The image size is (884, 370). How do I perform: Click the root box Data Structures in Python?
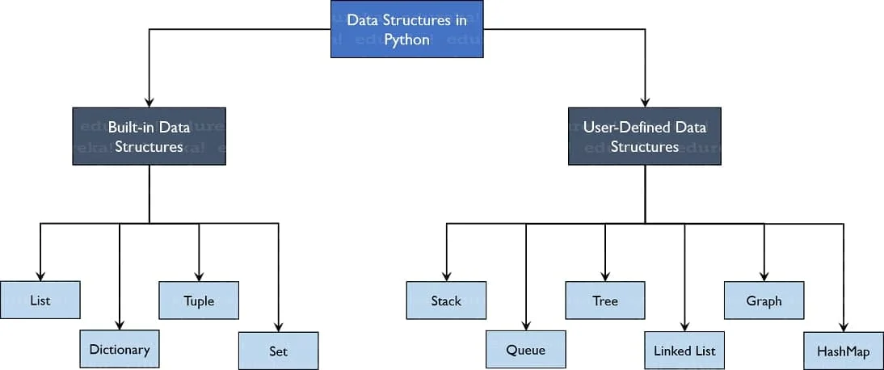(x=406, y=29)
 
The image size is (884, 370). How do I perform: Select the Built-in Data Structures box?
(x=149, y=136)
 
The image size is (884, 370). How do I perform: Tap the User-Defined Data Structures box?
(x=644, y=136)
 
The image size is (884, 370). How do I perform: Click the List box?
(x=40, y=300)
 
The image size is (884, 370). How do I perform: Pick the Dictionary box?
(x=120, y=349)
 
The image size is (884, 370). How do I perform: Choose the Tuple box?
(x=199, y=300)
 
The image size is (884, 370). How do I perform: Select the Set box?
(x=279, y=351)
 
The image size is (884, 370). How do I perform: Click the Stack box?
(x=446, y=300)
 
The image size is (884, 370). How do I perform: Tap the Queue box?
(x=526, y=350)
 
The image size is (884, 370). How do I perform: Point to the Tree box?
(x=605, y=300)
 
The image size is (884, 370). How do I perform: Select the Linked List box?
(x=685, y=351)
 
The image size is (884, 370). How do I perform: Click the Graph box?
(x=764, y=300)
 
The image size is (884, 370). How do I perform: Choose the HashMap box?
(x=844, y=351)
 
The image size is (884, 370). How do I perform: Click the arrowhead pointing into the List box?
(x=40, y=275)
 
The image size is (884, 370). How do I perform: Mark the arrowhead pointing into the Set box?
(x=279, y=326)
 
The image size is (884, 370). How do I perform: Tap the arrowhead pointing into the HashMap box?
(x=844, y=326)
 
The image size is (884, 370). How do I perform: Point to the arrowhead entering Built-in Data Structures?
(x=149, y=103)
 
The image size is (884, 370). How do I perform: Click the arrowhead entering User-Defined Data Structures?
(x=644, y=103)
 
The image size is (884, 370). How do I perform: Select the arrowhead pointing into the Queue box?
(x=526, y=326)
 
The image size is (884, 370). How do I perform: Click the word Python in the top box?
(x=406, y=40)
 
